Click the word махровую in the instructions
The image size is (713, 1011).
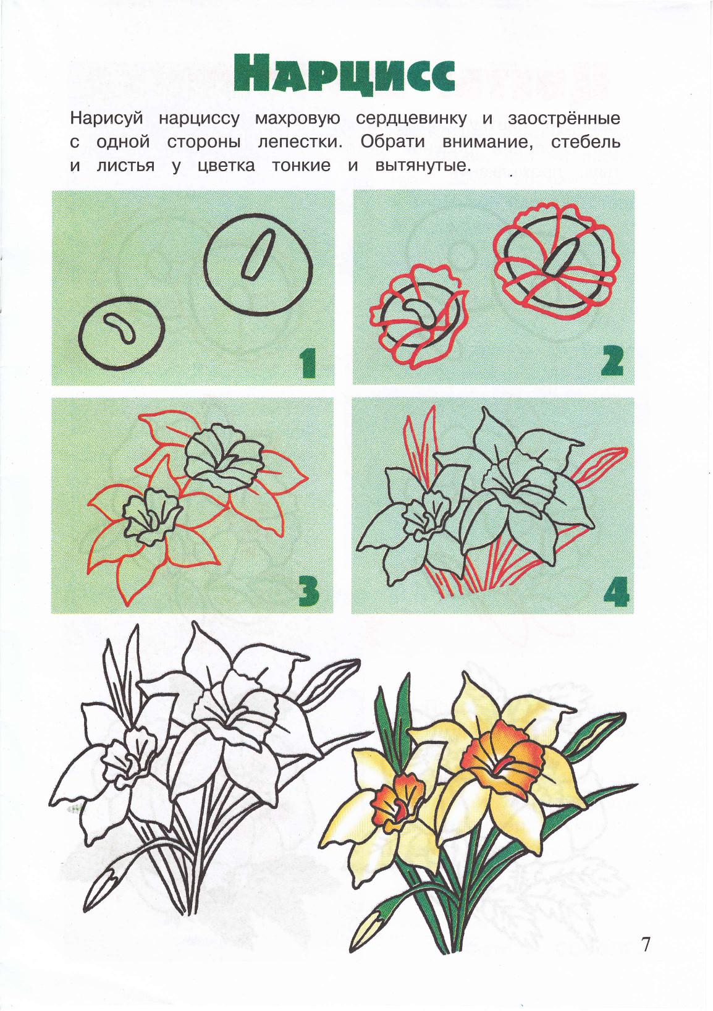click(297, 119)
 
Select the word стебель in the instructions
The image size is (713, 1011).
click(586, 142)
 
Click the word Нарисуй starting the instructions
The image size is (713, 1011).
click(106, 119)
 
